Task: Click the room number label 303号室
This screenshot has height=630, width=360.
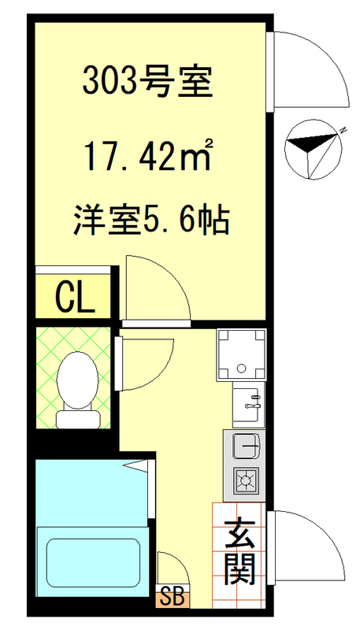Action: coord(148,82)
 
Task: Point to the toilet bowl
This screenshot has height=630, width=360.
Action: coord(77,373)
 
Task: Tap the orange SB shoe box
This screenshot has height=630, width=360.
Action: coord(172,597)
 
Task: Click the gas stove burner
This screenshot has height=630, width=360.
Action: coord(246,478)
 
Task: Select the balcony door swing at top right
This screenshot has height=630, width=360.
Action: coord(309,71)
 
